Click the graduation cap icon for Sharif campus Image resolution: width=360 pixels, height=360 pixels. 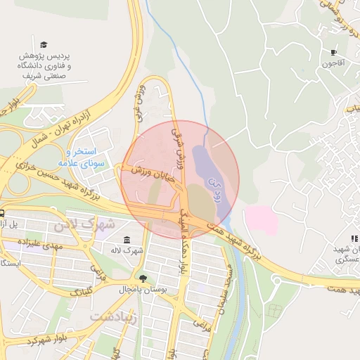click(44, 45)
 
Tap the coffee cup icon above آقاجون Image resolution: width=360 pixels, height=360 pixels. click(333, 52)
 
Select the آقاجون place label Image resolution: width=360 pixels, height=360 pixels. click(333, 64)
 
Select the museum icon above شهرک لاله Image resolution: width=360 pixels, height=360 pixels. click(127, 240)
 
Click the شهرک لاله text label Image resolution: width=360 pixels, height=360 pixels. click(127, 250)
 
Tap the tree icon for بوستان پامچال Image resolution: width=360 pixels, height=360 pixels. click(143, 278)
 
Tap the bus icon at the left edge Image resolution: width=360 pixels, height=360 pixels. click(2, 213)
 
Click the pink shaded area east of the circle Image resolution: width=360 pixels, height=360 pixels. click(261, 220)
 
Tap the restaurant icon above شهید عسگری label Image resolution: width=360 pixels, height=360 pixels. click(354, 239)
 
